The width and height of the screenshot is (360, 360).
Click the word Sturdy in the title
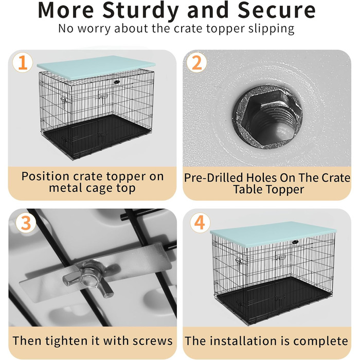(x=140, y=11)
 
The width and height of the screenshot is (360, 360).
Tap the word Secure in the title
(x=277, y=10)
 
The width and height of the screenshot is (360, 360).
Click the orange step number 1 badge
(x=23, y=62)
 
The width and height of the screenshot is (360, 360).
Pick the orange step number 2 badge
(x=196, y=62)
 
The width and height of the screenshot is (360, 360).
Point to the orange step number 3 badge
(x=26, y=223)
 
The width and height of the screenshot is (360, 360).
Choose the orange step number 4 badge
(x=200, y=223)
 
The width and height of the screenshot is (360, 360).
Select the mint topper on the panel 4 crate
(x=273, y=233)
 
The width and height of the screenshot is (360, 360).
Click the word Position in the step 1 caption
(x=45, y=176)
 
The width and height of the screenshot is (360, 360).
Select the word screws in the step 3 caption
(x=152, y=340)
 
